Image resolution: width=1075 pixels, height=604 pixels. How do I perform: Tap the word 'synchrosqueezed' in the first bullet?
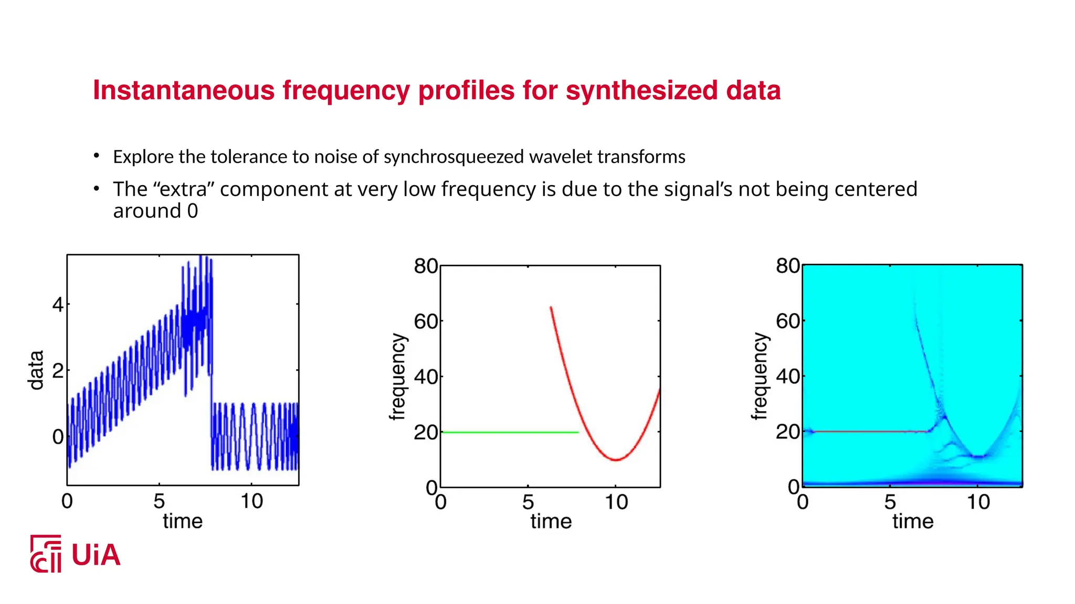point(454,157)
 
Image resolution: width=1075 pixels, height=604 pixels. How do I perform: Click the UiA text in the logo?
point(96,555)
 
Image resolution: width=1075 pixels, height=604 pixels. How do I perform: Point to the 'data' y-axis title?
point(36,370)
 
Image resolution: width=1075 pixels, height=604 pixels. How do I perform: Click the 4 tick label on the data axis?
point(58,305)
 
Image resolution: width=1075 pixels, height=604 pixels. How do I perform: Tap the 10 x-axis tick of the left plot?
point(251,502)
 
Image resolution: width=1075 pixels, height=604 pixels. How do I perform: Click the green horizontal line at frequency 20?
point(509,433)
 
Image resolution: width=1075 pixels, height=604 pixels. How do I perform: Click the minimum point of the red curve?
point(616,460)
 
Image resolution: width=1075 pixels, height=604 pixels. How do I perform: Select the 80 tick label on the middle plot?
point(426,266)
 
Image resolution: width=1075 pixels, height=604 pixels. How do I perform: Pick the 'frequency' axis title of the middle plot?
point(398,377)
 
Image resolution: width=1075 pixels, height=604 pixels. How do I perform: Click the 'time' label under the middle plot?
point(551,522)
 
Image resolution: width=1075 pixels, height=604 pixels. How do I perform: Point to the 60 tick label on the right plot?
point(787,321)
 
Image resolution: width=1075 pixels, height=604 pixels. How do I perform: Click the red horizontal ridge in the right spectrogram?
point(866,432)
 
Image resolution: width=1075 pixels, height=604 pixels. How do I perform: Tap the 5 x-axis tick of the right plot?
point(890,502)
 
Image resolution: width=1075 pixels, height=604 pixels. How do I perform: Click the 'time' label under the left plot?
point(182,522)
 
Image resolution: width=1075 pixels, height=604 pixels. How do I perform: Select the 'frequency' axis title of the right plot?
point(760,376)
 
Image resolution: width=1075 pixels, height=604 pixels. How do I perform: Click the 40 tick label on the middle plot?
point(426,377)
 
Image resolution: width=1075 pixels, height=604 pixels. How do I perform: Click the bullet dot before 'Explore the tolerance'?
point(97,156)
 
